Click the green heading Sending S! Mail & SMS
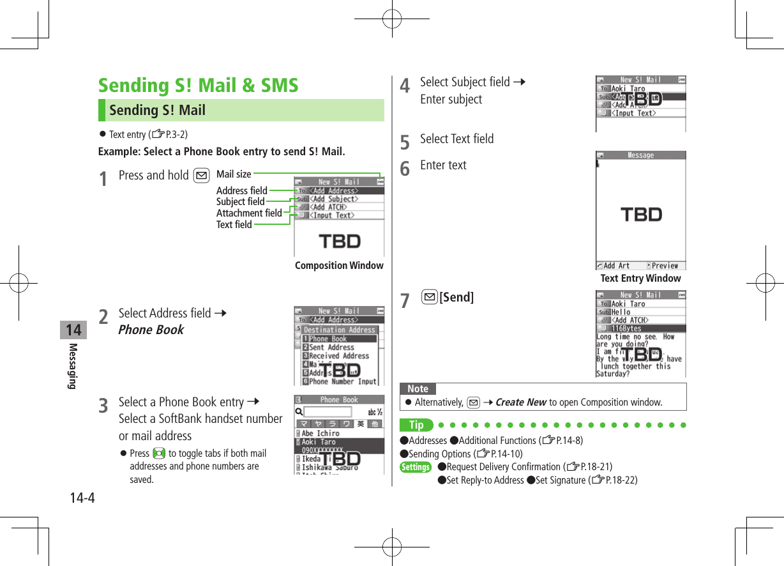click(x=198, y=86)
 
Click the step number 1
click(x=103, y=179)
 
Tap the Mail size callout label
click(x=234, y=174)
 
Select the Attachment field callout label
click(x=249, y=213)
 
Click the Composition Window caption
click(x=339, y=265)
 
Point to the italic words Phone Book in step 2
click(x=151, y=330)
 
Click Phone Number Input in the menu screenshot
click(x=342, y=381)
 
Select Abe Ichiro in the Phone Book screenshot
click(x=320, y=433)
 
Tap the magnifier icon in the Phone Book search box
click(x=299, y=412)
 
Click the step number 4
click(x=404, y=86)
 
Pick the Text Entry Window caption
click(x=640, y=278)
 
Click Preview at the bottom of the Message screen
click(x=664, y=266)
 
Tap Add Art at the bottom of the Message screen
click(x=615, y=266)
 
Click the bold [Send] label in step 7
click(x=456, y=297)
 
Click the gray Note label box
click(x=418, y=388)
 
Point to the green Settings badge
click(x=416, y=467)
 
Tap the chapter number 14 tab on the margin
click(x=73, y=330)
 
